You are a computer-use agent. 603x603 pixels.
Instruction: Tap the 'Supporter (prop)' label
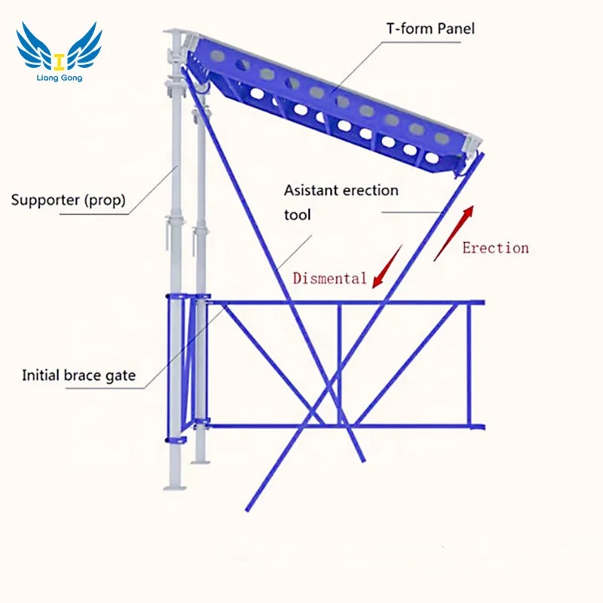click(x=68, y=200)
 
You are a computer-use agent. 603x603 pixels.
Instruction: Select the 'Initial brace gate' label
click(x=79, y=375)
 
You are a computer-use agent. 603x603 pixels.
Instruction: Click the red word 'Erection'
click(x=495, y=248)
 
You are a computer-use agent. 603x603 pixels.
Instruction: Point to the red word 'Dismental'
click(x=329, y=278)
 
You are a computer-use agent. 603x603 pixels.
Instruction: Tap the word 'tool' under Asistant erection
click(x=297, y=215)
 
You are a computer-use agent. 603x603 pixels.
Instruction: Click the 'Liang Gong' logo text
click(x=59, y=78)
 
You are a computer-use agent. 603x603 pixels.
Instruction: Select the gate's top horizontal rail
click(x=347, y=303)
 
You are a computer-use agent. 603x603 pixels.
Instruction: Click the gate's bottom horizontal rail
click(x=339, y=427)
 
